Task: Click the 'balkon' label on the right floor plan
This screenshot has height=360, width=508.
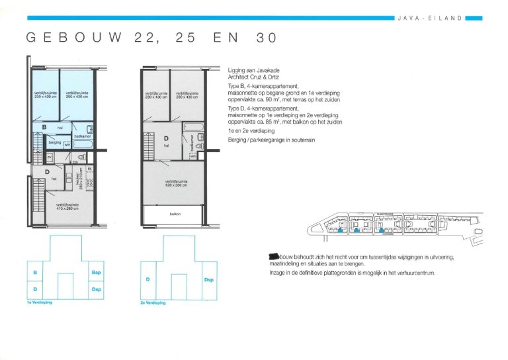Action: coord(175,214)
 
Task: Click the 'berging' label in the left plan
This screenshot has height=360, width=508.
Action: coord(54,142)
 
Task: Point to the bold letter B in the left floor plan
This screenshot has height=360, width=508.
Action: coord(44,126)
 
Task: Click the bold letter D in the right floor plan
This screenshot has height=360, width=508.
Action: coord(165,138)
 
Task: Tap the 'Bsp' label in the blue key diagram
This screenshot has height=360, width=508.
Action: coord(96,273)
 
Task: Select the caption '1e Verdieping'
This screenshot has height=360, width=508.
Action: coord(39,302)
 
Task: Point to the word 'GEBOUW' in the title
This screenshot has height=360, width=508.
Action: coord(73,38)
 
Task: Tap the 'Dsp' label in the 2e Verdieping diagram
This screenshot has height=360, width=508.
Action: coord(210,280)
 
